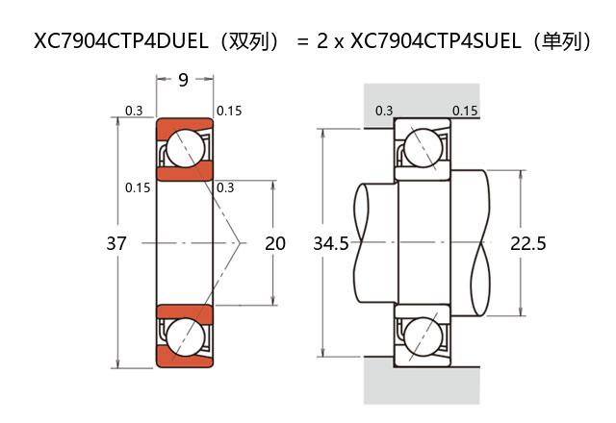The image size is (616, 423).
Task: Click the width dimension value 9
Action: [x=183, y=81]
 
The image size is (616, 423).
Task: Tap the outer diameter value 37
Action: [x=116, y=244]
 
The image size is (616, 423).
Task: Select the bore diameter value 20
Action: [x=275, y=244]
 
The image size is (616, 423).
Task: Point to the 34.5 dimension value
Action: [x=331, y=244]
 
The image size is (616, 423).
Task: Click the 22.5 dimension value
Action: [x=528, y=244]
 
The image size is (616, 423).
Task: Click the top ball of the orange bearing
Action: [x=183, y=149]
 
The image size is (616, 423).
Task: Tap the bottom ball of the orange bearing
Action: [x=183, y=337]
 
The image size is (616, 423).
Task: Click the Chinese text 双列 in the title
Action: [x=253, y=41]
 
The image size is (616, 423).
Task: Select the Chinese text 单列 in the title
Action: [x=566, y=41]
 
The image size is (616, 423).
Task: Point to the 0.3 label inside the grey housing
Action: [x=383, y=111]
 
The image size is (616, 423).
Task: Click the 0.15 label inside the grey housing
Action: [x=465, y=111]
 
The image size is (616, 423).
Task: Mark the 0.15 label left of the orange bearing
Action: [x=138, y=187]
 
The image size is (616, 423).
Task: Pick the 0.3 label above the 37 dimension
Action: [x=134, y=111]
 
